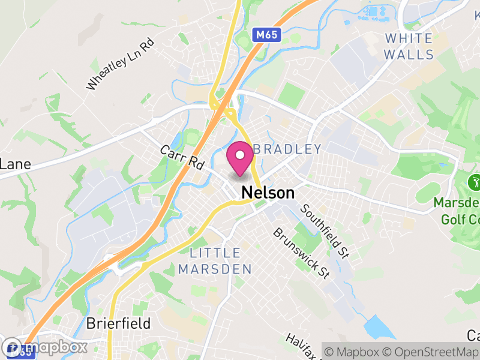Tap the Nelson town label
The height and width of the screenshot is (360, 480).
pos(268,193)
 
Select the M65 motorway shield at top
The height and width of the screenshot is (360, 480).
pos(265,35)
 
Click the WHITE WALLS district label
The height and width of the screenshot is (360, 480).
pos(409,46)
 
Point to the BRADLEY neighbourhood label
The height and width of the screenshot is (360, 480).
pos(288,149)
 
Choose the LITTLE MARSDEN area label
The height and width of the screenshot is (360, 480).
pos(215,261)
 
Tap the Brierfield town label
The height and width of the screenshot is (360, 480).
pos(118,323)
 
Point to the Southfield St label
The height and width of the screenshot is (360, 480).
pos(325,231)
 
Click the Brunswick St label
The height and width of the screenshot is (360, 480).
pos(302,253)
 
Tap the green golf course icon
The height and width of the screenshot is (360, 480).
pos(475,181)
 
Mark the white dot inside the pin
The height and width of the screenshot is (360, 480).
pos(240,155)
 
